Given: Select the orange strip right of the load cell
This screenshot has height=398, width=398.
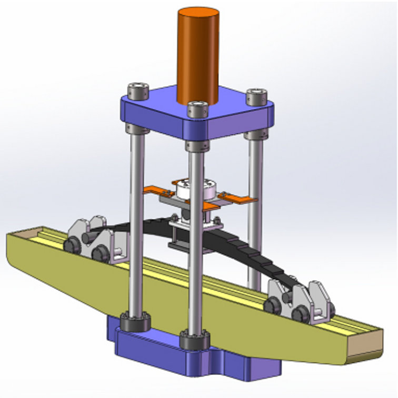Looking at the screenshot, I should [x=238, y=199].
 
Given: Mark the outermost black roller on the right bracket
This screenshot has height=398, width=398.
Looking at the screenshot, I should [x=301, y=315].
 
